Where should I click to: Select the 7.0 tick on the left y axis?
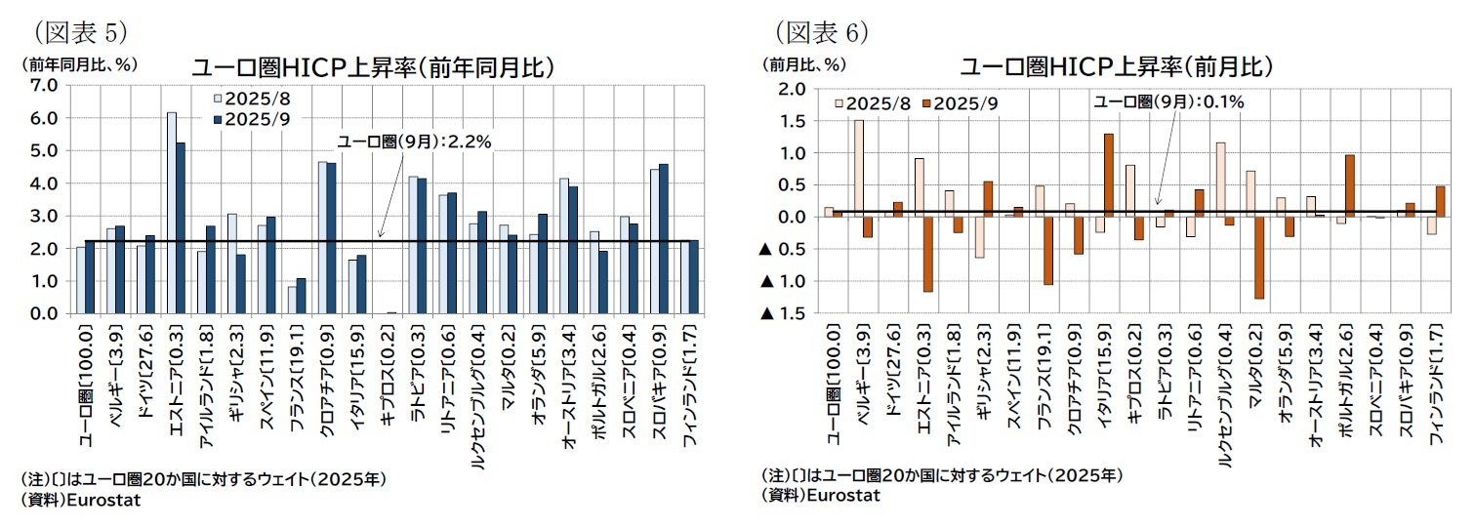(43, 85)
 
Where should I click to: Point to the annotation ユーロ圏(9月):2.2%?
(414, 142)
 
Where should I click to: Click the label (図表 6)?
(822, 32)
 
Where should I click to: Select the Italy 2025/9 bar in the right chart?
(1108, 176)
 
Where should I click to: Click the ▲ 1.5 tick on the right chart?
(787, 313)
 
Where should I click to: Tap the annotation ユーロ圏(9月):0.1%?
(1167, 101)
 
